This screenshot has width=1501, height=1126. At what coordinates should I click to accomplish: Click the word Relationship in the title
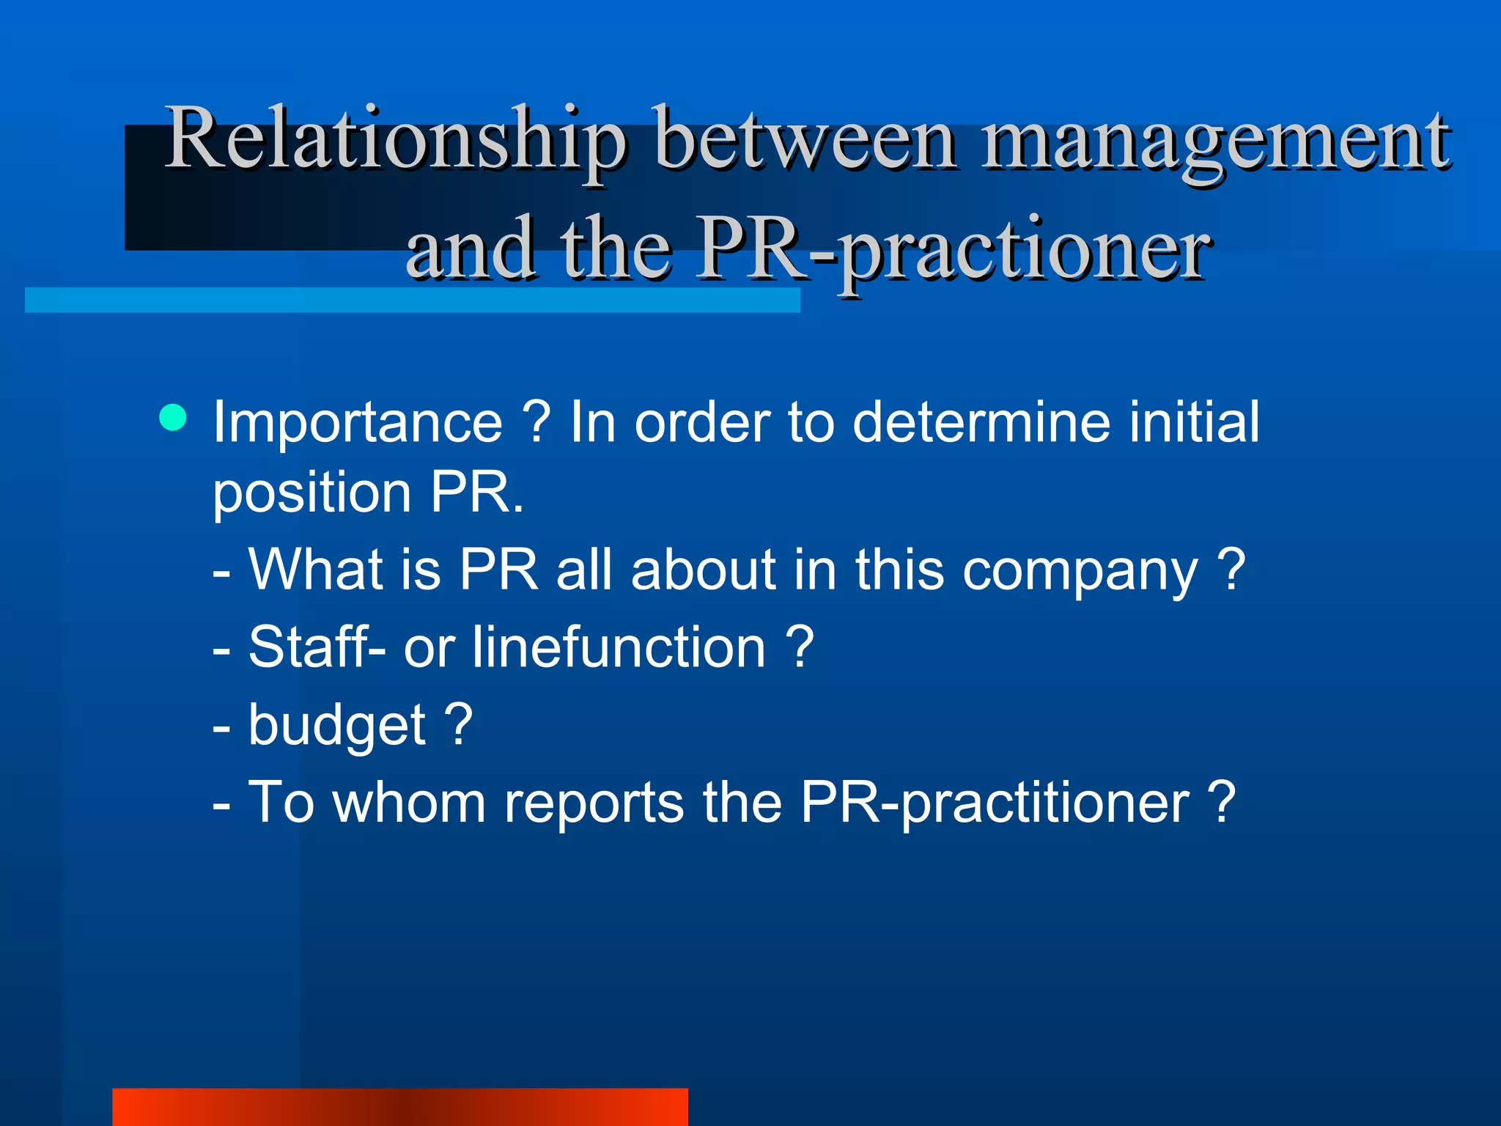[396, 139]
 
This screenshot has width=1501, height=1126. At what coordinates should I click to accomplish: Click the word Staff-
[317, 647]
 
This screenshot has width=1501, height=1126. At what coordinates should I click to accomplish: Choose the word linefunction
[619, 647]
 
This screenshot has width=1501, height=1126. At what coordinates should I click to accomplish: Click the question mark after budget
[459, 724]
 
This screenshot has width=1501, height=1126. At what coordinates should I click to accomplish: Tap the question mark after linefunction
[800, 647]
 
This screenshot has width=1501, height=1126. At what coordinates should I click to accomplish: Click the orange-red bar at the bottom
[400, 1107]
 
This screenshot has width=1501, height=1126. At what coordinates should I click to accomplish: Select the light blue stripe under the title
[412, 300]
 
